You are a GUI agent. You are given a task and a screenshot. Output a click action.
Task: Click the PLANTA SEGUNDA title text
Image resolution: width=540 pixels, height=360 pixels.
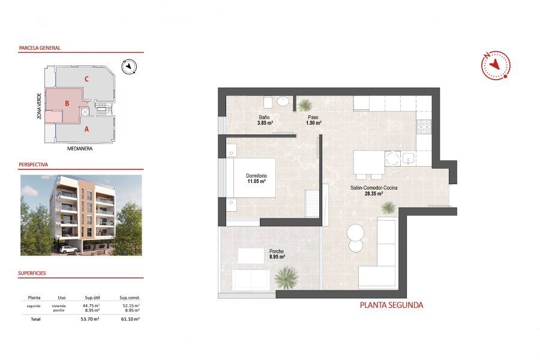391,305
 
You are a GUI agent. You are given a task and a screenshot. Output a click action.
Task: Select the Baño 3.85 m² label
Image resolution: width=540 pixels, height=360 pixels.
265,120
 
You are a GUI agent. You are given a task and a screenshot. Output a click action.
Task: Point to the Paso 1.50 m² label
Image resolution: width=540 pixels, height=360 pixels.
314,120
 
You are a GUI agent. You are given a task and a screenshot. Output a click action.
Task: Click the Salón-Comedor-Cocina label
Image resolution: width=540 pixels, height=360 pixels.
374,191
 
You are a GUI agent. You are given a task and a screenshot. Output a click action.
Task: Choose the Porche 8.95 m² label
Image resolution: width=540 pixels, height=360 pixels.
277,254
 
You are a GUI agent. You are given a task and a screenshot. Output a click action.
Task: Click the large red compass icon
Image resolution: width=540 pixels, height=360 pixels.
495,65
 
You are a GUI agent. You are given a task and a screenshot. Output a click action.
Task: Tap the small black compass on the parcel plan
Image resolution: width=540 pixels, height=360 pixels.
129,67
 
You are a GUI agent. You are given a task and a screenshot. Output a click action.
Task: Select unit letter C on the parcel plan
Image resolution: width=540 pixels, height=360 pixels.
87,79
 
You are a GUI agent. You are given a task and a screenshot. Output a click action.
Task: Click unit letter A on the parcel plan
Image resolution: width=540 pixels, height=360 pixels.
86,129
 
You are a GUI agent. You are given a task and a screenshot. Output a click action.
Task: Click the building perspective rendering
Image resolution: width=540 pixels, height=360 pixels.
81,214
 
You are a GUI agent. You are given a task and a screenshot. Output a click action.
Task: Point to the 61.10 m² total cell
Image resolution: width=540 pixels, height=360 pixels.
130,319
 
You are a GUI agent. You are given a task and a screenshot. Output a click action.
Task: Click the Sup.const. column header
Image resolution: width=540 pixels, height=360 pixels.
130,298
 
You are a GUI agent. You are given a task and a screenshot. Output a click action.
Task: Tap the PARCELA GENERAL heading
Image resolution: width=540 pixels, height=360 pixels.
40,48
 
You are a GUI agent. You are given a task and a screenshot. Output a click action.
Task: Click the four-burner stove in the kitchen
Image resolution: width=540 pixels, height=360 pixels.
424,127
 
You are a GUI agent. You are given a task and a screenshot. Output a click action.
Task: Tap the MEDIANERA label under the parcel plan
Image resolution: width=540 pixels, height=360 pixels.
80,148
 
